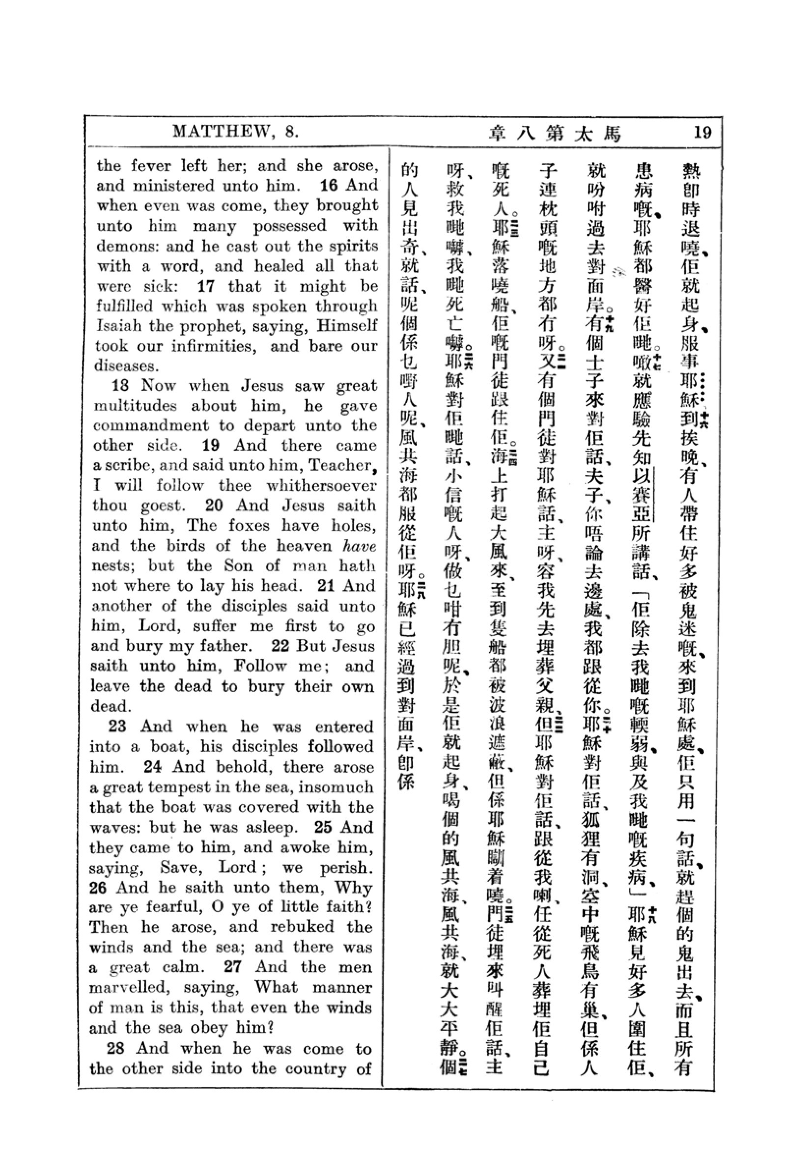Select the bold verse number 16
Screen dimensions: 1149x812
tap(329, 185)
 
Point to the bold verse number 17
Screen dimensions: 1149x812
tap(206, 286)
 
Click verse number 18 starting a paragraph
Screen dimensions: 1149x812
tap(120, 385)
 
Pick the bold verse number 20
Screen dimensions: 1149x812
tap(214, 505)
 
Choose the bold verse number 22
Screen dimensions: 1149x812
tap(280, 645)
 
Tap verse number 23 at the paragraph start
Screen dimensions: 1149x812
tap(117, 726)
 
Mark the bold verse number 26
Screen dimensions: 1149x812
tap(98, 887)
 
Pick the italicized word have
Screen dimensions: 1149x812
tap(359, 545)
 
